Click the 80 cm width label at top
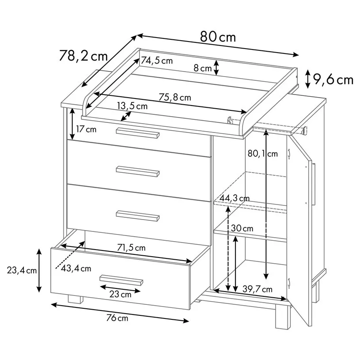pyautogui.click(x=218, y=37)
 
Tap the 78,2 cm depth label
pyautogui.click(x=83, y=56)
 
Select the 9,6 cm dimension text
pyautogui.click(x=333, y=80)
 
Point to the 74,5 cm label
pyautogui.click(x=157, y=61)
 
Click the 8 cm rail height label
pyautogui.click(x=202, y=68)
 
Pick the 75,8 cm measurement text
pyautogui.click(x=175, y=97)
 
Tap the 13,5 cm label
pyautogui.click(x=132, y=106)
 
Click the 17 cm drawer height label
pyautogui.click(x=86, y=129)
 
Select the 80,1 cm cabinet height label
pyautogui.click(x=263, y=153)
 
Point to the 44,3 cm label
pyautogui.click(x=235, y=198)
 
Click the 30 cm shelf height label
pyautogui.click(x=242, y=228)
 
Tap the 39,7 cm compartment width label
pyautogui.click(x=258, y=289)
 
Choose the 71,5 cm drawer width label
pyautogui.click(x=131, y=248)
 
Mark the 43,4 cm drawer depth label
pyautogui.click(x=76, y=269)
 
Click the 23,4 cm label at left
pyautogui.click(x=22, y=270)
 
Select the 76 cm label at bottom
pyautogui.click(x=117, y=318)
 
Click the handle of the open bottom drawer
pyautogui.click(x=121, y=280)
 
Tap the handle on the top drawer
pyautogui.click(x=138, y=133)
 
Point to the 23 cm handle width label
pyautogui.click(x=120, y=294)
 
